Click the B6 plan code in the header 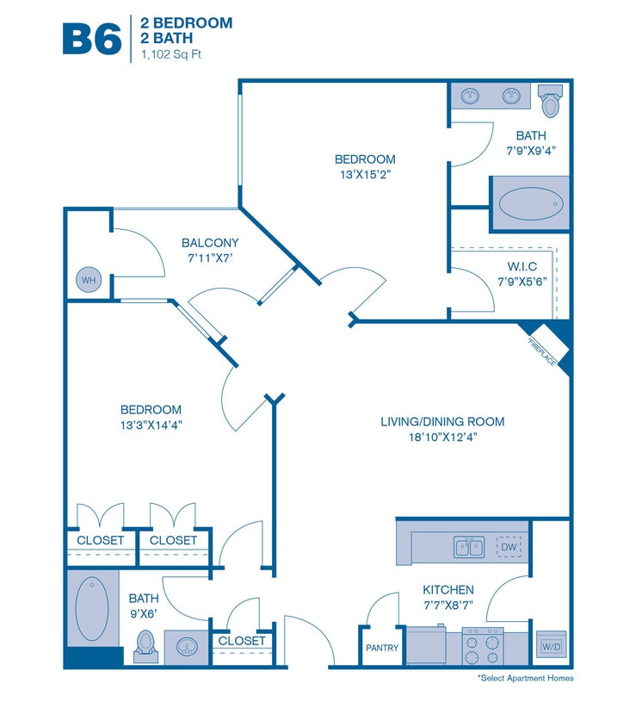click(x=91, y=37)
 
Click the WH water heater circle click(x=87, y=280)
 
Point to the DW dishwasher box click(x=508, y=546)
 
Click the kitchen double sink click(x=468, y=546)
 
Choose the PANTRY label click(x=381, y=648)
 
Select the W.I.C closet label click(x=516, y=267)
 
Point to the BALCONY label click(x=210, y=243)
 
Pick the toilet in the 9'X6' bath click(x=145, y=643)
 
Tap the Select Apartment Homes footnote click(x=525, y=679)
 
